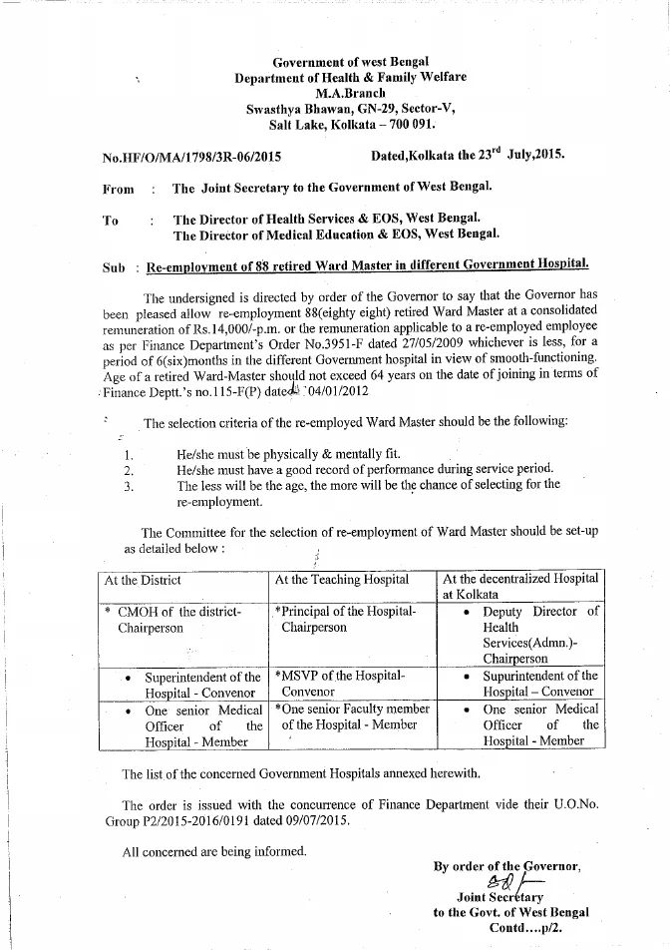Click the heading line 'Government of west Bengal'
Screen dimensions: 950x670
[349, 63]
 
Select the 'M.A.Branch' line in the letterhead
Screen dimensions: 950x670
[349, 92]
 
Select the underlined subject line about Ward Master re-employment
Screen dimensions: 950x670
[367, 266]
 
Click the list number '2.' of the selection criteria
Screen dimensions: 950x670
[128, 469]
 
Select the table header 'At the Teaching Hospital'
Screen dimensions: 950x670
[342, 580]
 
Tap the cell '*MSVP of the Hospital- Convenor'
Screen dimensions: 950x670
[339, 683]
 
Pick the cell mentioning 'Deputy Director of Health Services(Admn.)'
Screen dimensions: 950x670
[539, 635]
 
